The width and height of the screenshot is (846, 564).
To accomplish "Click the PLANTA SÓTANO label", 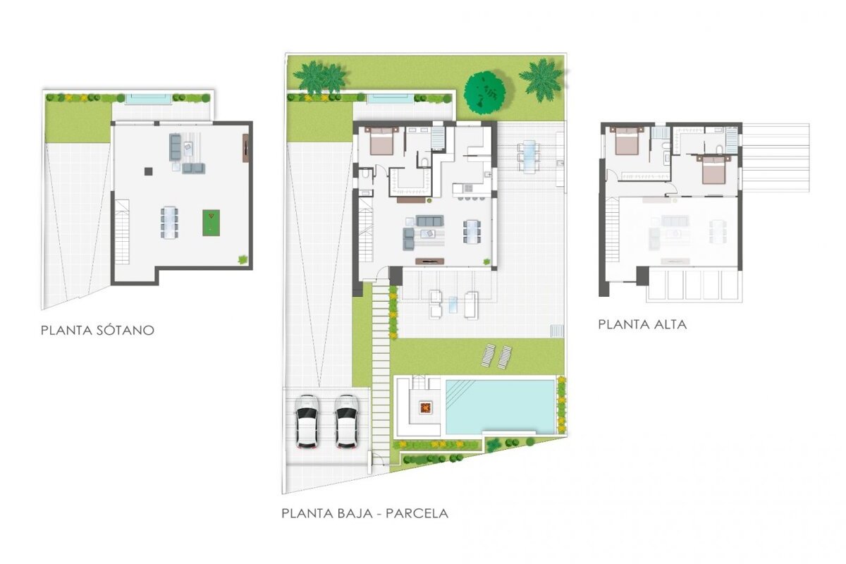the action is (97, 330).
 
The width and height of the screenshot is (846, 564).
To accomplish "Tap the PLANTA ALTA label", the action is (642, 324).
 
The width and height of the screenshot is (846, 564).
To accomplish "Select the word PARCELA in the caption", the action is (417, 514).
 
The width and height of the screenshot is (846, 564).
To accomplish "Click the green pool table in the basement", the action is (211, 223).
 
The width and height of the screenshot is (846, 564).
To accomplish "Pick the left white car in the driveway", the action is (306, 421).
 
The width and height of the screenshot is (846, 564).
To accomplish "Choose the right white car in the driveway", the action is (346, 421).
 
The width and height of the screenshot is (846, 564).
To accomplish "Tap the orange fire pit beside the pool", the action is (425, 407).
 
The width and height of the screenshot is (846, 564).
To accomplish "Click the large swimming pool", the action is (500, 407).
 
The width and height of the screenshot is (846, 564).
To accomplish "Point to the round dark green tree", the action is (484, 93).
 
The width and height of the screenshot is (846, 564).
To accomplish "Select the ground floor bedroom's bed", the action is (382, 140).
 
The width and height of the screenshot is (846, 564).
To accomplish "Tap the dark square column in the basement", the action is (149, 171).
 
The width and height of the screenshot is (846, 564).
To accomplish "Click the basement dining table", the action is (169, 223).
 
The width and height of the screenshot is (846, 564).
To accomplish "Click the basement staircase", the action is (122, 232).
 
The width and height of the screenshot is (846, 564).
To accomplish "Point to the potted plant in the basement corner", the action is (243, 259).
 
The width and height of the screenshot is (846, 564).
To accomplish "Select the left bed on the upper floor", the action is (627, 141).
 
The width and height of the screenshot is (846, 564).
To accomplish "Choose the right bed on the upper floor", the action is (713, 170).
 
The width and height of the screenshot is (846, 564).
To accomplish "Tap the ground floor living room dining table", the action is (472, 231).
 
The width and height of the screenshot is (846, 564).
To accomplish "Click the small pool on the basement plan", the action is (147, 99).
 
